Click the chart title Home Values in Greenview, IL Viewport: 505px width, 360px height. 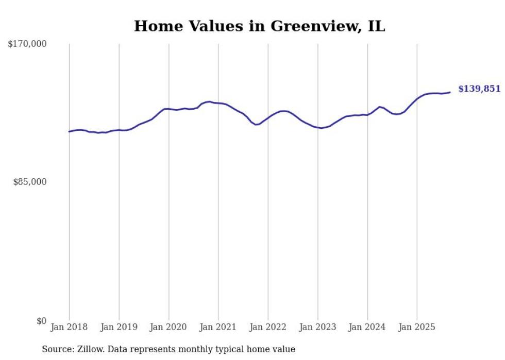259,26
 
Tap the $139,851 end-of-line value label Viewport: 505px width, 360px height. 479,89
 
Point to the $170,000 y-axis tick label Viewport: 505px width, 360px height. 27,44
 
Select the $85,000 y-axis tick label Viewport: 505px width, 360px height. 30,182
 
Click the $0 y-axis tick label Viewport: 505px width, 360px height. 41,321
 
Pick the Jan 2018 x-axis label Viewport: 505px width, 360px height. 69,327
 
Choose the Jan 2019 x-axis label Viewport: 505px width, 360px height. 119,327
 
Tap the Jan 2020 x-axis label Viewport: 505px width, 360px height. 169,327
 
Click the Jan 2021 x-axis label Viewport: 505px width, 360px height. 218,327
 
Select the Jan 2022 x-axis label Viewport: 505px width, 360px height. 268,327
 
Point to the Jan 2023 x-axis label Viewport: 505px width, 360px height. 317,327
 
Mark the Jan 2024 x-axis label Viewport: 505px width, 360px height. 367,327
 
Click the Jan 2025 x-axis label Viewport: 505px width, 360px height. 417,327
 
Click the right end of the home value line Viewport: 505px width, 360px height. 450,92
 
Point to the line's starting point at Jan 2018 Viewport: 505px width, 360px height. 69,131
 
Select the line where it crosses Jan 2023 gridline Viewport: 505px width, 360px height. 318,128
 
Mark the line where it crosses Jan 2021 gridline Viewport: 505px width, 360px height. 218,103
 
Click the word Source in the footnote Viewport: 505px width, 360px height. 57,349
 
